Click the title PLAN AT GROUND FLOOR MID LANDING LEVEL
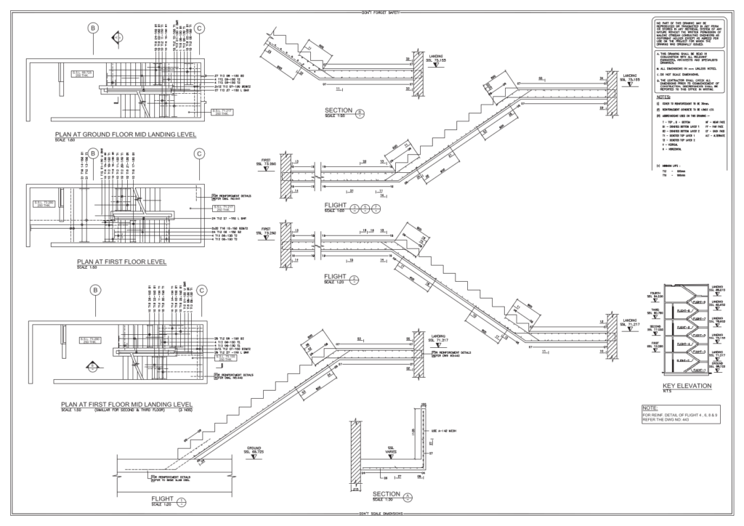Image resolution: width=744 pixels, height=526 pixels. click(126, 135)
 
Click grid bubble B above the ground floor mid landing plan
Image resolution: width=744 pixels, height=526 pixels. click(92, 28)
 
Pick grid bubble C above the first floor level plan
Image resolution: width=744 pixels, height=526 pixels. click(198, 153)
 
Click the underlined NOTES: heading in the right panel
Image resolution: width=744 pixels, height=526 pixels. click(662, 96)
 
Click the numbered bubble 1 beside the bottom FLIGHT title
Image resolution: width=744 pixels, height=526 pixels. click(181, 500)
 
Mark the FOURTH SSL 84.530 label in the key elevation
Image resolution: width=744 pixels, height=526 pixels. click(655, 296)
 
